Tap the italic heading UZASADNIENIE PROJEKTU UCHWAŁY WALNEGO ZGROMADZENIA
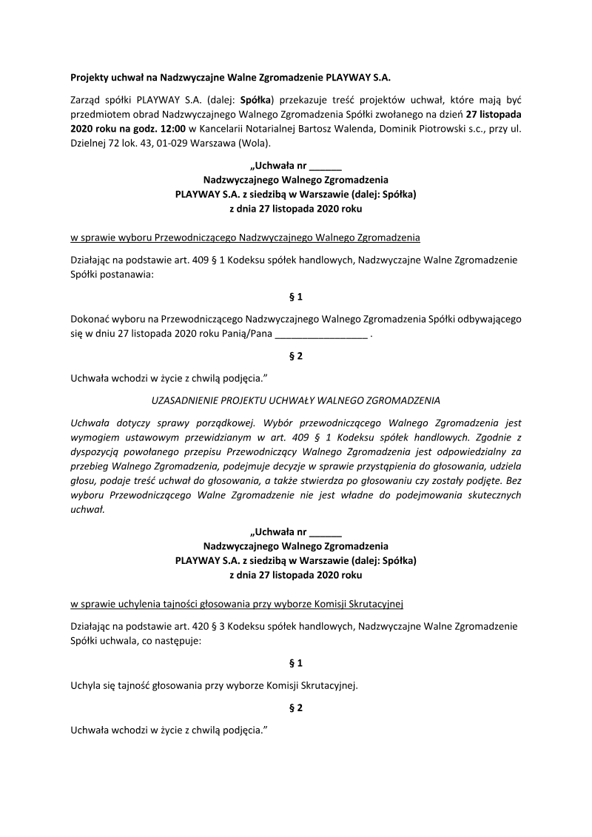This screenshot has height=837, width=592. coord(295,400)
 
